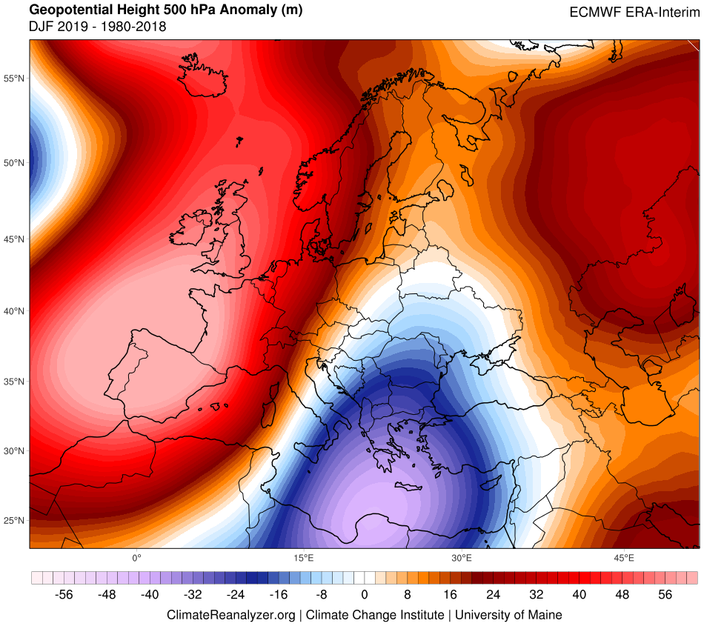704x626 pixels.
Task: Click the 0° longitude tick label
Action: tap(136, 557)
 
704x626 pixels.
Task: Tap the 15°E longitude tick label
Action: tap(300, 557)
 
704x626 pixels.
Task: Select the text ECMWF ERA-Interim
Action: tap(634, 12)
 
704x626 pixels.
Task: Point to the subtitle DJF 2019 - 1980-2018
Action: tap(87, 27)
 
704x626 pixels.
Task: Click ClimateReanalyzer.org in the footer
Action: tap(231, 615)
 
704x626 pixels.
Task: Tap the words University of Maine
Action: tap(508, 615)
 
